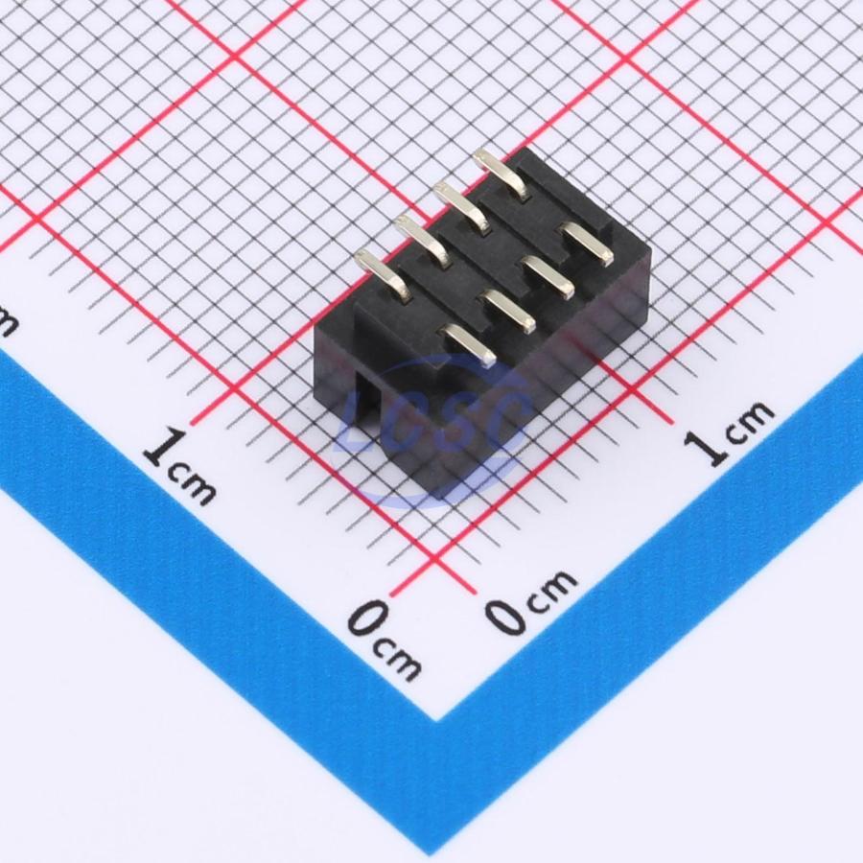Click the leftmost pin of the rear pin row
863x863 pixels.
click(385, 274)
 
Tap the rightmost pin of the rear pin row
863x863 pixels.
click(501, 173)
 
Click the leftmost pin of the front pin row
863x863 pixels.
click(468, 345)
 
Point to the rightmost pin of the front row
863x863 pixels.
click(585, 242)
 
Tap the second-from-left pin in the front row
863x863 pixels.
click(507, 311)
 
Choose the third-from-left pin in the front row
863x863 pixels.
click(546, 277)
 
